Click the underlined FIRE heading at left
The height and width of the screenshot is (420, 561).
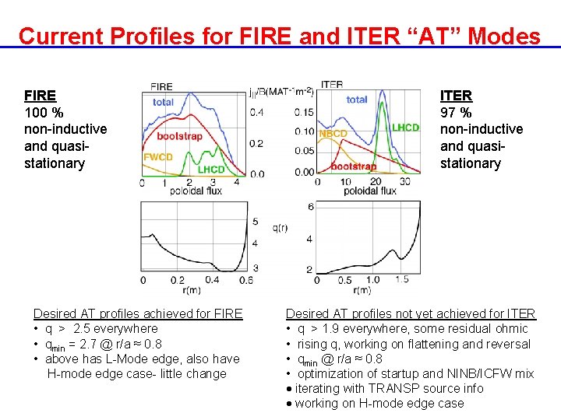40,96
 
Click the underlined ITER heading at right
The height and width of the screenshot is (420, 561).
456,96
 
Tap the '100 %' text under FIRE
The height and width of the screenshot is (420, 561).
44,112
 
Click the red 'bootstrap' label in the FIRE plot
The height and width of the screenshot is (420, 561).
179,136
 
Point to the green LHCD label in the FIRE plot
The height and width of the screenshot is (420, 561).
211,169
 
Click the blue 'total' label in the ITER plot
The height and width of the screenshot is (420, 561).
357,100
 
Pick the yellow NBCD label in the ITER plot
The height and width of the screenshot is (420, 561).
333,134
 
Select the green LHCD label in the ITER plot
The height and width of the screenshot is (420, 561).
405,128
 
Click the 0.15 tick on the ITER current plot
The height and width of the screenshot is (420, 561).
304,112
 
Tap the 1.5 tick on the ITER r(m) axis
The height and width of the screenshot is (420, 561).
402,279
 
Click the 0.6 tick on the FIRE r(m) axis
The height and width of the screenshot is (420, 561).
246,280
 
